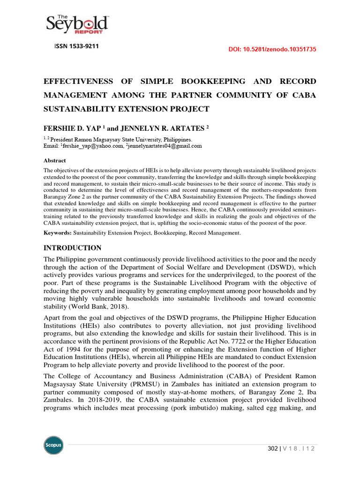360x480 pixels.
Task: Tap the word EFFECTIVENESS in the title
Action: pyautogui.click(x=78, y=82)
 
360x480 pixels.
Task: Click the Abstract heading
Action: pyautogui.click(x=54, y=160)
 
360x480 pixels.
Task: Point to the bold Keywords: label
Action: pyautogui.click(x=58, y=233)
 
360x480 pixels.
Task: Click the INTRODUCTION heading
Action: pyautogui.click(x=72, y=248)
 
